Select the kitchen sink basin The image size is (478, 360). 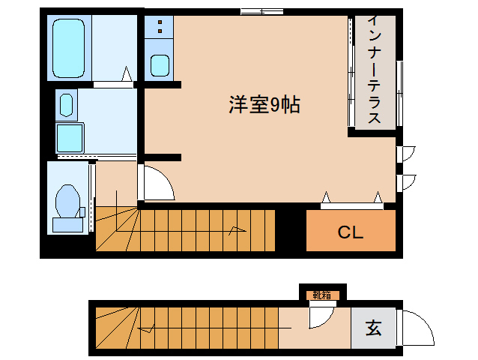pyautogui.click(x=160, y=65)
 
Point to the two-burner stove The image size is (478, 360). pyautogui.click(x=160, y=28)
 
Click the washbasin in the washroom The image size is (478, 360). pyautogui.click(x=66, y=104)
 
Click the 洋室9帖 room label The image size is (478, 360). pyautogui.click(x=264, y=106)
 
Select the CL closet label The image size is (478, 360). pyautogui.click(x=350, y=232)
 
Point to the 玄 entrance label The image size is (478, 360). pyautogui.click(x=372, y=328)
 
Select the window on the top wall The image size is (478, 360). pyautogui.click(x=261, y=11)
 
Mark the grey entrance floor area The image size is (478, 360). pyautogui.click(x=372, y=328)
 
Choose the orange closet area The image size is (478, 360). pyautogui.click(x=350, y=232)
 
